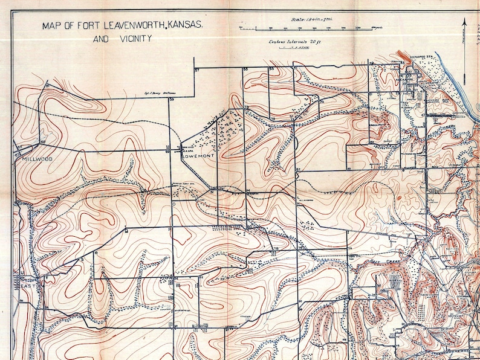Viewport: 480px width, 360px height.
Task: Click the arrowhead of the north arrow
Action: pos(464,22)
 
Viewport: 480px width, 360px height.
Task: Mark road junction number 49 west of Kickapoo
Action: pos(371,63)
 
